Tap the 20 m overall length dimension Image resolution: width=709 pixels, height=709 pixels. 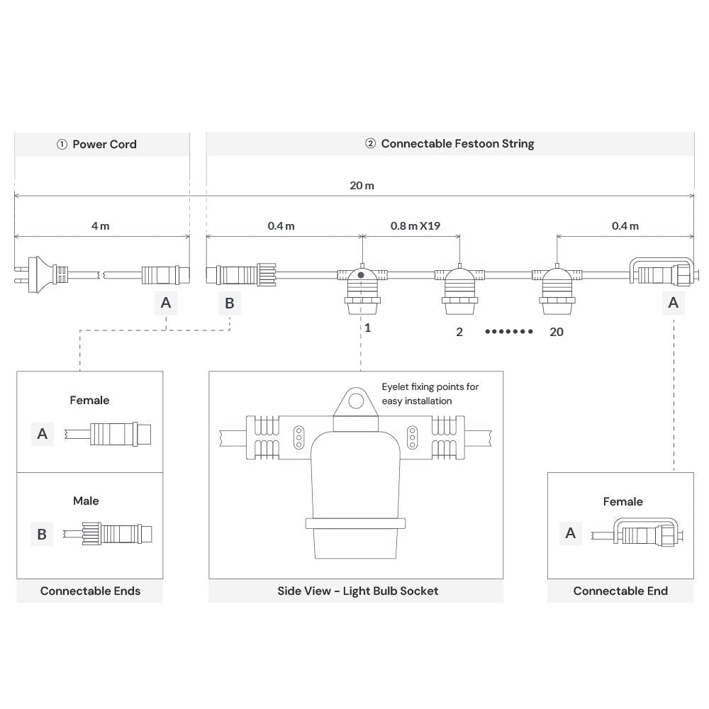pos(362,186)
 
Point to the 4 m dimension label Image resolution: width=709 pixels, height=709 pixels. pos(100,226)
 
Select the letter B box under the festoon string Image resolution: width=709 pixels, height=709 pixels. pos(229,303)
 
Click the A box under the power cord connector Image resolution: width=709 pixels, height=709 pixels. pos(165,303)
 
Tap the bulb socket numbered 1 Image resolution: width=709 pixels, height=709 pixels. pos(362,290)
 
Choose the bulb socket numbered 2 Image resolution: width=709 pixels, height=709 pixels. pos(459,290)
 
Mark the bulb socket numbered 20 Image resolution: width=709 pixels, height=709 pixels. pos(557,290)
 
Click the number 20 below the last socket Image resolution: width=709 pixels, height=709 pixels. pos(557,331)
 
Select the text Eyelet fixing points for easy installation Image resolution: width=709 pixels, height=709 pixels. pos(430,393)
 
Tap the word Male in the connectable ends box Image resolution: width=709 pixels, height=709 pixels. pos(86,501)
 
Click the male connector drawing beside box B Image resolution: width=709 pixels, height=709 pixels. pos(108,533)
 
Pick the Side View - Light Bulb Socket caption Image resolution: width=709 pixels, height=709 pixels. pos(357,591)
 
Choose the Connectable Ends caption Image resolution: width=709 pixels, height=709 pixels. pos(90,591)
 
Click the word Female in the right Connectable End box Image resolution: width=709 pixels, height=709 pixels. pos(623,501)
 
